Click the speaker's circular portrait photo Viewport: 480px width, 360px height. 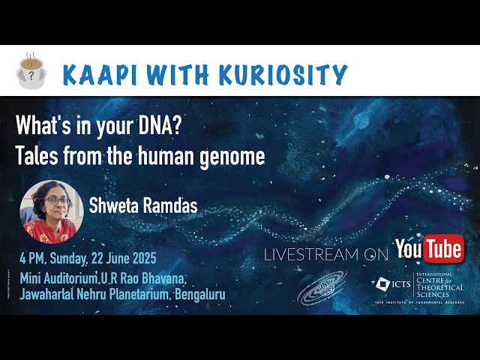(x=48, y=211)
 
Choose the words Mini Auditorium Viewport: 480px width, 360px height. (x=64, y=280)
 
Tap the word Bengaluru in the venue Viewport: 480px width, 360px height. (x=199, y=295)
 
